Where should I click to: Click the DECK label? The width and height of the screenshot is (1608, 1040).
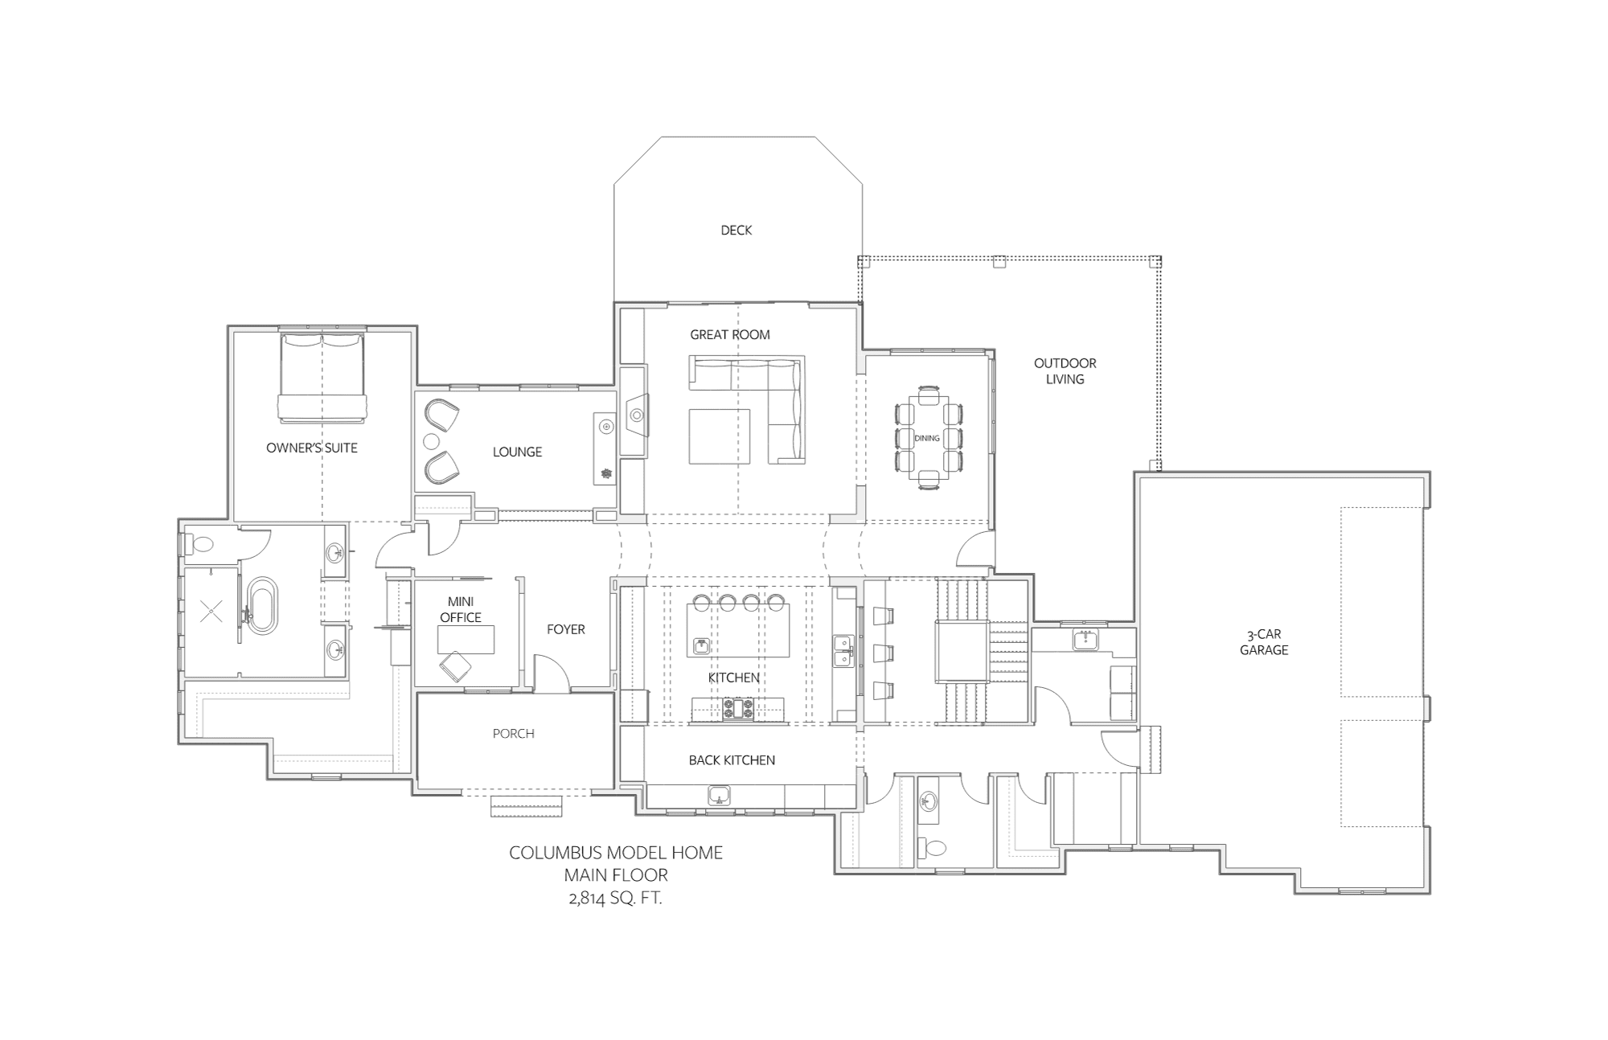(736, 231)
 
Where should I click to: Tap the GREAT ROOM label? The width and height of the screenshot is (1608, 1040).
(730, 335)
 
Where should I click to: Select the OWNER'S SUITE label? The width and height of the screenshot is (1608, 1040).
(312, 448)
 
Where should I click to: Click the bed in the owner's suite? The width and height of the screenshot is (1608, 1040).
(322, 377)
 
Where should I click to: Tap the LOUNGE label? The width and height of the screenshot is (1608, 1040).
(517, 452)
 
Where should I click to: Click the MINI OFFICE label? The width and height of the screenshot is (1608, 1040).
(461, 609)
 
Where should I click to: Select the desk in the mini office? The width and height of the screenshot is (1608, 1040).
(466, 639)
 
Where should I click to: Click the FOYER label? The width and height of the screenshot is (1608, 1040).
(566, 629)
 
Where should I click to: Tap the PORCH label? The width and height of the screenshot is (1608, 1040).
(514, 734)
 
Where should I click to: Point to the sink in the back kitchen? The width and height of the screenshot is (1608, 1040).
(719, 796)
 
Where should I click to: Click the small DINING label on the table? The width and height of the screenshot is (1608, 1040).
(927, 439)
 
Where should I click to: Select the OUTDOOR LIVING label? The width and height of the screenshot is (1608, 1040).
(1064, 371)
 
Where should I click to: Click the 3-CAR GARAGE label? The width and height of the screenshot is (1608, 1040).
(1264, 642)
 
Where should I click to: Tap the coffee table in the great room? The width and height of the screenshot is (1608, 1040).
(720, 436)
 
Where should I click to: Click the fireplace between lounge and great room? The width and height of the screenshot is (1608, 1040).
(634, 416)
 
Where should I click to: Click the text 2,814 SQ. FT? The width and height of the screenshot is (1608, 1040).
(615, 899)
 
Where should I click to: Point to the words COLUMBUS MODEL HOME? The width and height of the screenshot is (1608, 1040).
(616, 853)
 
